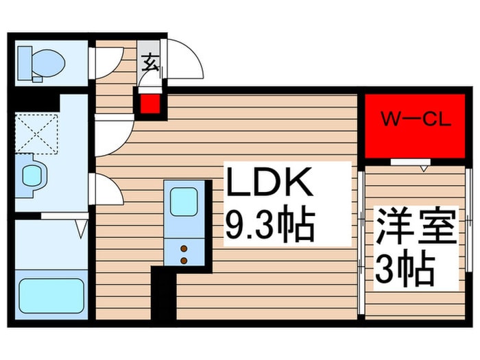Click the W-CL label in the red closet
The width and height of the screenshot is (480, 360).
pos(416,120)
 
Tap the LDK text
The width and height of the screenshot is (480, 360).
pos(269,182)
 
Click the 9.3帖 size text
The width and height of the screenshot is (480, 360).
pos(271,224)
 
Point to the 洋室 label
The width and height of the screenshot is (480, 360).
pos(414,226)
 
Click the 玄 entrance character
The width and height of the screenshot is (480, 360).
pos(149,62)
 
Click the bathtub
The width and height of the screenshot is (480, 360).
pos(51,296)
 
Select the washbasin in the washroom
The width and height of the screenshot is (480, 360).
pos(32,176)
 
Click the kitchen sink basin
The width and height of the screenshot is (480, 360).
pos(184,202)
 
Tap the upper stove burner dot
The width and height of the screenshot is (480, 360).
pos(184,249)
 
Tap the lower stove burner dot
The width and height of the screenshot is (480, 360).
pos(184,261)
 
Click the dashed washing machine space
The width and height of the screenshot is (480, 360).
pos(37,134)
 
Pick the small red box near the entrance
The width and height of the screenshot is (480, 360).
pos(151,104)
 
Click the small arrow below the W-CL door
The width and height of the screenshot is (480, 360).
pos(424,169)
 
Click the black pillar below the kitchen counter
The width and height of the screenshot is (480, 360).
pos(164,293)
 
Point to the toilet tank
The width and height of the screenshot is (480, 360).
pos(25,63)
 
